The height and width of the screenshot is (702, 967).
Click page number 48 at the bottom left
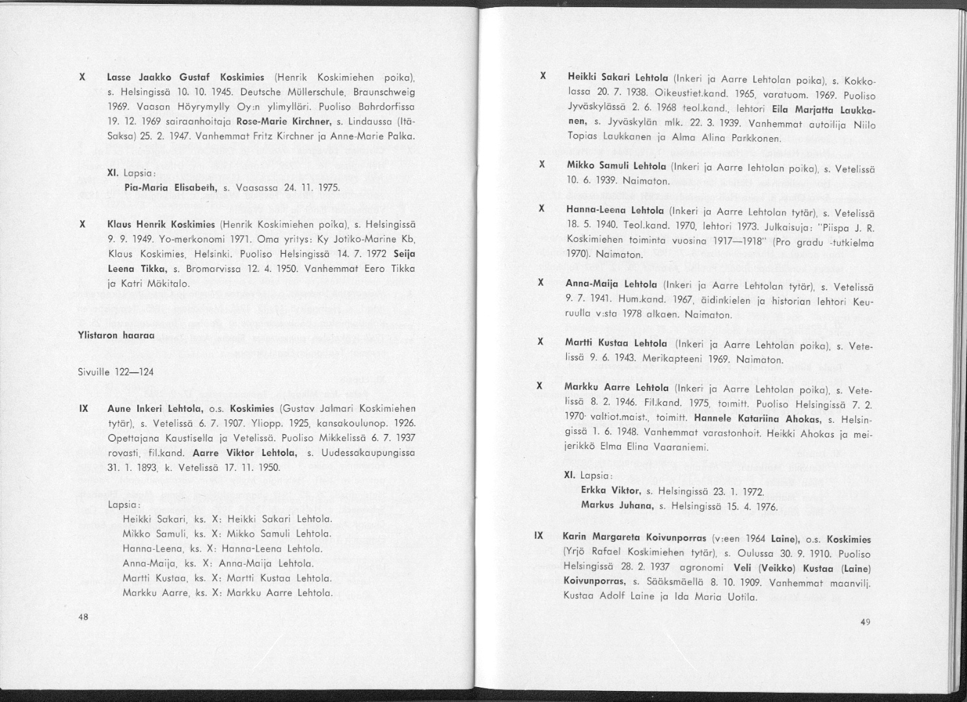[83, 617]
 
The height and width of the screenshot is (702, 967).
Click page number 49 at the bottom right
[865, 623]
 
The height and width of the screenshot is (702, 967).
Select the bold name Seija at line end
[404, 253]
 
